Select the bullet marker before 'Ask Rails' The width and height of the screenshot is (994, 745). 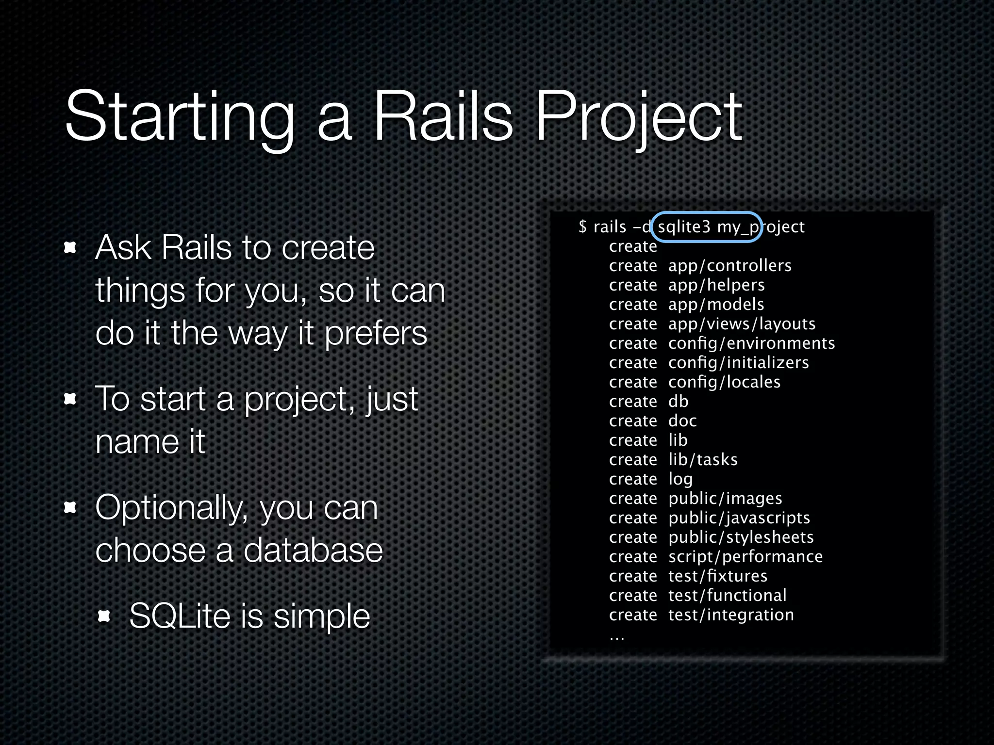(x=71, y=248)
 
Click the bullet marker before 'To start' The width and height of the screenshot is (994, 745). (x=71, y=399)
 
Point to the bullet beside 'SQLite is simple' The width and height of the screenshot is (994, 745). (x=104, y=616)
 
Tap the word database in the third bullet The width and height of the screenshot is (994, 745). (x=313, y=551)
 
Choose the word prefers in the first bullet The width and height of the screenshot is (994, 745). (x=376, y=333)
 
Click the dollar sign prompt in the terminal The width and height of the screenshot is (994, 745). (x=582, y=227)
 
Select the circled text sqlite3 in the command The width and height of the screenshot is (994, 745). (x=683, y=227)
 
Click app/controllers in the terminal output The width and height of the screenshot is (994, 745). (x=729, y=266)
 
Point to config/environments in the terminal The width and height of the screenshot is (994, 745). (x=751, y=343)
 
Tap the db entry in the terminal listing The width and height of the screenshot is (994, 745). (x=678, y=402)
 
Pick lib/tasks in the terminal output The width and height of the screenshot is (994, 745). (x=703, y=460)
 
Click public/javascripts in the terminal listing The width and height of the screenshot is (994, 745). (x=739, y=518)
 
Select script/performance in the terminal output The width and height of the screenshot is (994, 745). (x=745, y=557)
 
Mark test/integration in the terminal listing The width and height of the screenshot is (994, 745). (x=731, y=615)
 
